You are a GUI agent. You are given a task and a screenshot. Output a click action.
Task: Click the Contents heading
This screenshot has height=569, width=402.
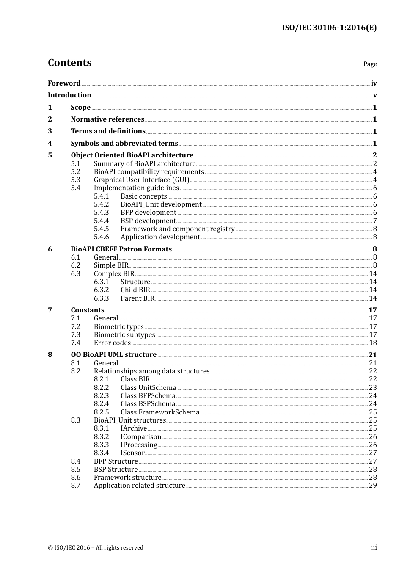pyautogui.click(x=69, y=63)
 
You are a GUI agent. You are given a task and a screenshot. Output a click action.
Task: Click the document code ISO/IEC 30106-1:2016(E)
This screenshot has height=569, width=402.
pyautogui.click(x=329, y=28)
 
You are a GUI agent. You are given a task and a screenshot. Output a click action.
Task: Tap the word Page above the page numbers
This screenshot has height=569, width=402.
pyautogui.click(x=370, y=64)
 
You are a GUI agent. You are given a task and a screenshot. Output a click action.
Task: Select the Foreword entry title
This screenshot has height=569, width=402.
pyautogui.click(x=64, y=83)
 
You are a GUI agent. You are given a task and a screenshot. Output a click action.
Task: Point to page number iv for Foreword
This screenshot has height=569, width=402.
pyautogui.click(x=374, y=83)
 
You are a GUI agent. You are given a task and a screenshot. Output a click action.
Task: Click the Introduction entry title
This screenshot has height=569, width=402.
pyautogui.click(x=69, y=95)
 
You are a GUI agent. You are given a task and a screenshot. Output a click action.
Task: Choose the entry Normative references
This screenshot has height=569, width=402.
pyautogui.click(x=107, y=119)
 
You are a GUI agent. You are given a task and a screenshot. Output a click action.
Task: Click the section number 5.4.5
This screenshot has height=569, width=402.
pyautogui.click(x=101, y=229)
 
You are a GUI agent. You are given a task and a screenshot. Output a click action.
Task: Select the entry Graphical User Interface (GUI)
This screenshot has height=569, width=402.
pyautogui.click(x=141, y=180)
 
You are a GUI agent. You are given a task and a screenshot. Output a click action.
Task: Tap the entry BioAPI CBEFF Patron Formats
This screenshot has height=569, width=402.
pyautogui.click(x=121, y=249)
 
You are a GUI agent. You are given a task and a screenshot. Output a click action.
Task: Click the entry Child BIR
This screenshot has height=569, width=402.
pyautogui.click(x=135, y=290)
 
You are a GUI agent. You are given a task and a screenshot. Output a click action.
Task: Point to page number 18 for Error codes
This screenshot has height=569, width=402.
pyautogui.click(x=373, y=343)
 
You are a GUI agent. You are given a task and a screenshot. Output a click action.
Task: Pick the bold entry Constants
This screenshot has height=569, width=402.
pyautogui.click(x=87, y=310)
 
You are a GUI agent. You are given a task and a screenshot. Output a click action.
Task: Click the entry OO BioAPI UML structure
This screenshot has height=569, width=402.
pyautogui.click(x=113, y=355)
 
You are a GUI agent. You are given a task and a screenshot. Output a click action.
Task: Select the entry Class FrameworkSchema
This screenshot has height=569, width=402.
pyautogui.click(x=160, y=412)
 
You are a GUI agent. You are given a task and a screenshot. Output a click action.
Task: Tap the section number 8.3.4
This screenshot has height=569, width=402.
pyautogui.click(x=101, y=453)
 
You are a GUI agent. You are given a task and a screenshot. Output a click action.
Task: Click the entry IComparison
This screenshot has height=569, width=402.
pyautogui.click(x=140, y=437)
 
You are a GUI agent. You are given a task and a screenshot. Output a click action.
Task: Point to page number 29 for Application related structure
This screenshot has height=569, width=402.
pyautogui.click(x=373, y=486)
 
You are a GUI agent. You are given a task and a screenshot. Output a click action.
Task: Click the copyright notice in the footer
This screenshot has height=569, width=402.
pyautogui.click(x=96, y=548)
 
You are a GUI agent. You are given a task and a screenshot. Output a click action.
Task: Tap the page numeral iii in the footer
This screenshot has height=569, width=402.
pyautogui.click(x=374, y=547)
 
